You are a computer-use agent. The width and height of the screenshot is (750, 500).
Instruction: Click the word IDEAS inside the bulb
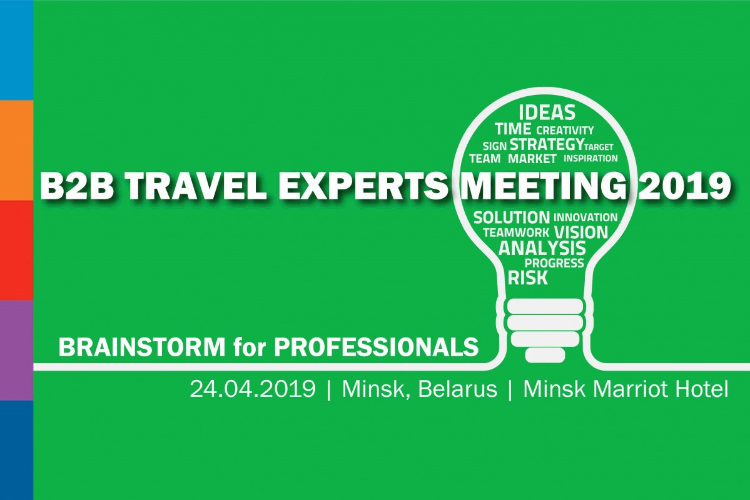coord(547,113)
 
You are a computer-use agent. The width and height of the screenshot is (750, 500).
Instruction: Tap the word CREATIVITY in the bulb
coord(565,131)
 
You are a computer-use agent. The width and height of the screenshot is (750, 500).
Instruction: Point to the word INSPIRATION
coord(590,159)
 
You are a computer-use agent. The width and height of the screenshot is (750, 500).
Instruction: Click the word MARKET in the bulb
coord(532,159)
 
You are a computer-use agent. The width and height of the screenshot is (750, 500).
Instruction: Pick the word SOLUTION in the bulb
coord(511,217)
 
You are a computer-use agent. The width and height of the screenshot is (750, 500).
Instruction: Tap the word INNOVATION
coord(585,217)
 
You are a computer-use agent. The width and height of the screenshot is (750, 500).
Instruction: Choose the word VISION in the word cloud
coord(580,232)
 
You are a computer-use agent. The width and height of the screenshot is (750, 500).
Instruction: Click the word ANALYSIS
coord(542,248)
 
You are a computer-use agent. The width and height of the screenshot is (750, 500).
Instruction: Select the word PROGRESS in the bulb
coord(554,263)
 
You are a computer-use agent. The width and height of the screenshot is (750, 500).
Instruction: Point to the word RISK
coord(528,277)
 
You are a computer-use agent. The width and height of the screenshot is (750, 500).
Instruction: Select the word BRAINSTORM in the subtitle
coord(141,347)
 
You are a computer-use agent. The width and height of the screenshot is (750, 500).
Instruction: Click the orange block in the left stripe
coord(16,150)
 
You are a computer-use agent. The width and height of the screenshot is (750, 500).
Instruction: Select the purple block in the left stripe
coord(16,350)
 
